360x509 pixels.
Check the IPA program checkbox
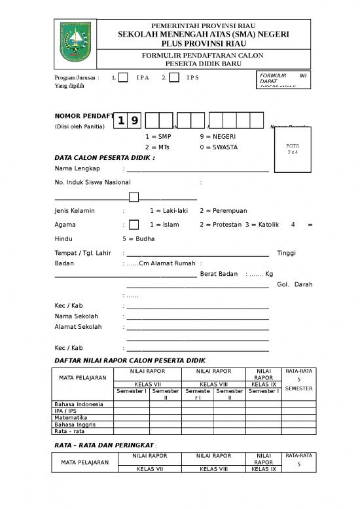[x=123, y=78]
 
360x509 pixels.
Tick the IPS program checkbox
[x=174, y=78]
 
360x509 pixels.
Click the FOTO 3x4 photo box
[x=293, y=149]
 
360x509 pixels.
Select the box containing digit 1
[x=121, y=121]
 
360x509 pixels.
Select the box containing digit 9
[x=134, y=121]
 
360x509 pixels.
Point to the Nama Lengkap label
[x=73, y=168]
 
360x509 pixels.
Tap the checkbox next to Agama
[x=134, y=225]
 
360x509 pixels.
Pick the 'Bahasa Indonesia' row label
[x=79, y=404]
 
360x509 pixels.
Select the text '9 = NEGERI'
[x=218, y=136]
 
